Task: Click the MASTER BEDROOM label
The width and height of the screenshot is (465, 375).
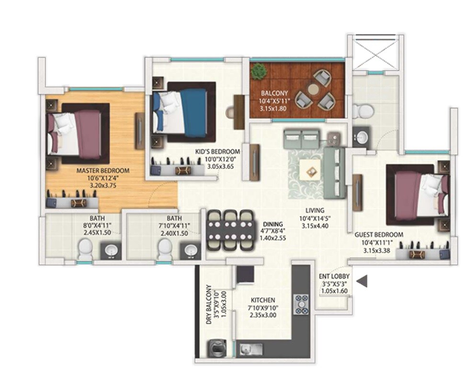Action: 103,170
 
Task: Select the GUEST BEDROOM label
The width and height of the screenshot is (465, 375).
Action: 378,235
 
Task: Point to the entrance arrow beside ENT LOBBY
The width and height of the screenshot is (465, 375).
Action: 363,281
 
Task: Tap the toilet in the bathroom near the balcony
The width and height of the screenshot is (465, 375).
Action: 361,111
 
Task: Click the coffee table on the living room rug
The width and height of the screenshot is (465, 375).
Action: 310,170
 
